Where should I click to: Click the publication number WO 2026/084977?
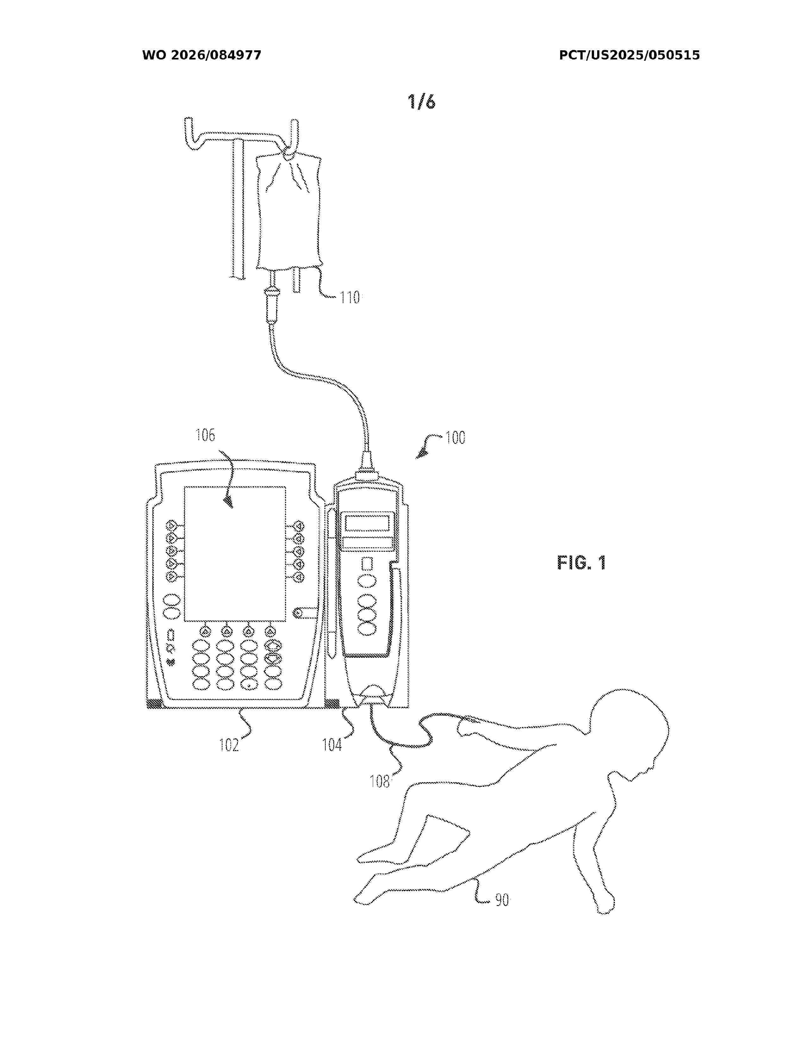click(202, 55)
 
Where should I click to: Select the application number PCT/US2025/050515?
click(629, 55)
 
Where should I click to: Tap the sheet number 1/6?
click(422, 102)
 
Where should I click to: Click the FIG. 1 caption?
click(582, 562)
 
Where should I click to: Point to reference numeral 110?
click(349, 298)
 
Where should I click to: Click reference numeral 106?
click(205, 435)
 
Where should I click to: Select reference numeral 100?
click(455, 438)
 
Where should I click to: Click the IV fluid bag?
click(289, 213)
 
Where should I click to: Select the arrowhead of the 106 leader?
click(229, 502)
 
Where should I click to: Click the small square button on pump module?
click(367, 564)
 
